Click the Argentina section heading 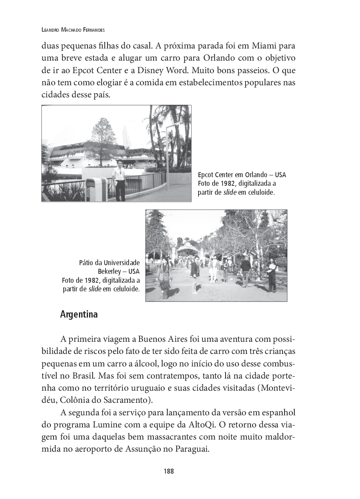coord(79,314)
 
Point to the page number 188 coord(168,471)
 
